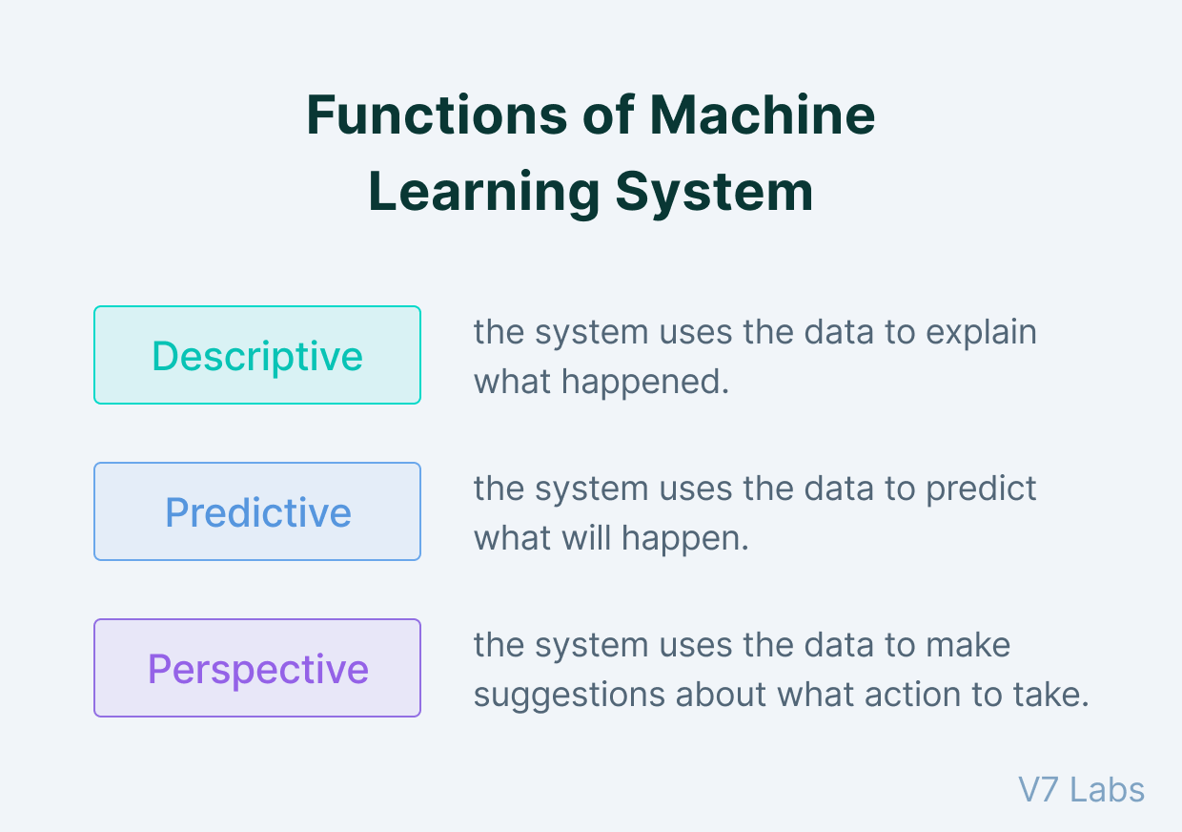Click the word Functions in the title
437,114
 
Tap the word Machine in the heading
762,114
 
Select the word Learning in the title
484,193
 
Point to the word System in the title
715,193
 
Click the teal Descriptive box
257,355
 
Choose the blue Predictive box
257,511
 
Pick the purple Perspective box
257,668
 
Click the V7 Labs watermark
1081,790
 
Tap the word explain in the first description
982,333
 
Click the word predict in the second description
982,489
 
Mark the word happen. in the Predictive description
685,539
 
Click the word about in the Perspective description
721,694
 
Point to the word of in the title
608,114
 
